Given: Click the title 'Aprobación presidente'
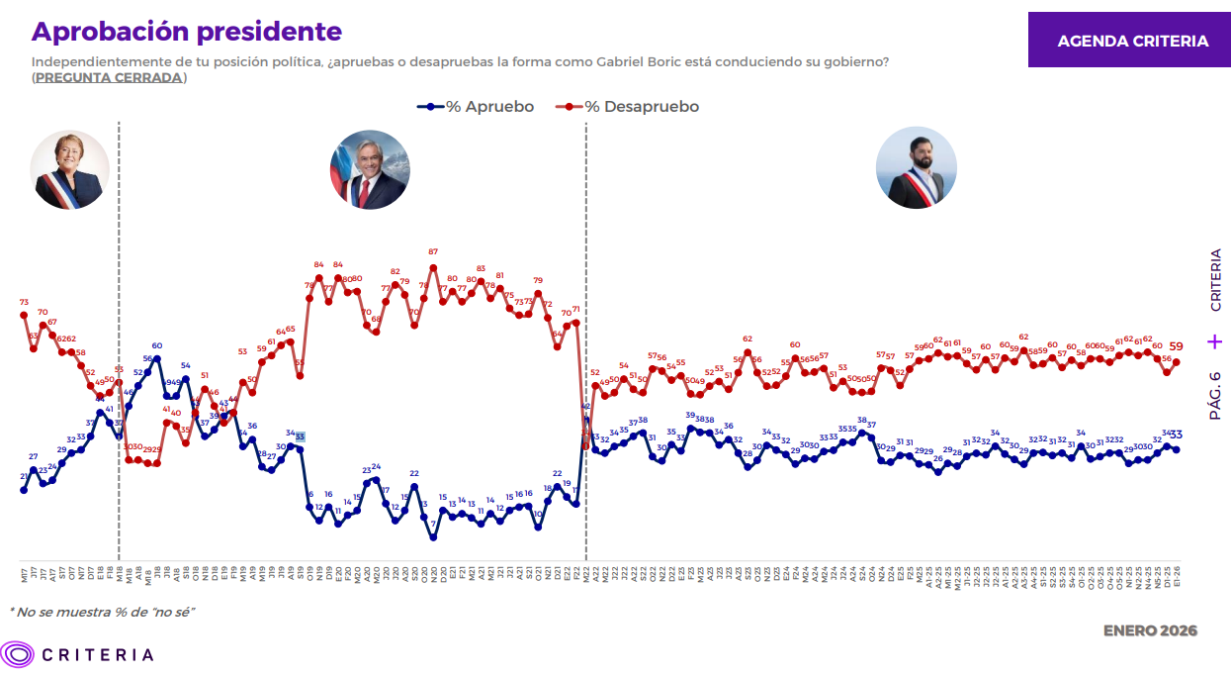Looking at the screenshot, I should click(187, 32).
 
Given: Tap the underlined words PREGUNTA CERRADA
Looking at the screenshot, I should click(109, 77).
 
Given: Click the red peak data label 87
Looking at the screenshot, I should click(433, 252).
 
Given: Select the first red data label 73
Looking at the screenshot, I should click(24, 302).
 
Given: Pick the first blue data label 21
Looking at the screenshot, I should click(24, 477).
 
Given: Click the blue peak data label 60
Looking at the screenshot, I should click(157, 345).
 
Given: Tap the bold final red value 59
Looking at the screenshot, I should click(1177, 346).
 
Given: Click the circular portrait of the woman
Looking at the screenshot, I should click(69, 170).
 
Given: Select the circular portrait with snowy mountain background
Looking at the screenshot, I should click(370, 169).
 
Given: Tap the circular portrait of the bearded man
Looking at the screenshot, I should click(916, 167).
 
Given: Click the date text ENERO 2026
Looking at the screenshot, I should click(1150, 630).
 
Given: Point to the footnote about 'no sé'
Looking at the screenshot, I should click(102, 612).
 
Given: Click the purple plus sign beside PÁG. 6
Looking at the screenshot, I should click(1215, 341).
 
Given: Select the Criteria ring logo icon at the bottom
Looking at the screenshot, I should click(18, 654).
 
